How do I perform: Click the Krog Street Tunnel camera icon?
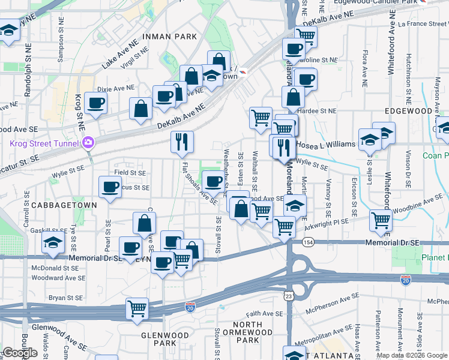pyautogui.click(x=89, y=143)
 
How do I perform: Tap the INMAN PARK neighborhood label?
pyautogui.click(x=169, y=37)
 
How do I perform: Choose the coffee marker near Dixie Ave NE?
pyautogui.click(x=96, y=103)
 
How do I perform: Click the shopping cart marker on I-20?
pyautogui.click(x=137, y=308)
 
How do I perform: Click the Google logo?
pyautogui.click(x=20, y=353)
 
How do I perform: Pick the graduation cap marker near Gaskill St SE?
pyautogui.click(x=52, y=243)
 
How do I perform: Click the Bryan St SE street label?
pyautogui.click(x=65, y=297)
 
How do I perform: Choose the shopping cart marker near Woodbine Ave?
pyautogui.click(x=381, y=220)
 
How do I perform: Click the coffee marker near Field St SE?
pyautogui.click(x=109, y=187)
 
